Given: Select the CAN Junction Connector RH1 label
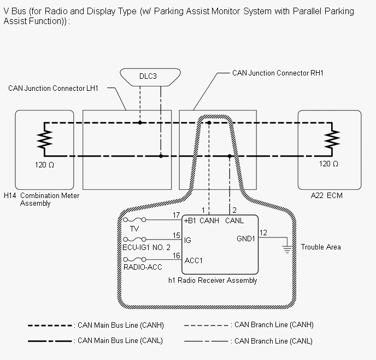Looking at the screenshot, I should point(278,73).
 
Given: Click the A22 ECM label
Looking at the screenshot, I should point(326,195).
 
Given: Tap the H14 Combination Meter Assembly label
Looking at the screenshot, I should point(42,199).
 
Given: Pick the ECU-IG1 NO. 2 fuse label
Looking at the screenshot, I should point(146,247).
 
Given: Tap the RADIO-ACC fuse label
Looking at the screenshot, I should point(144,267).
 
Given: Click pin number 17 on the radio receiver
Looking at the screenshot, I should point(176,215).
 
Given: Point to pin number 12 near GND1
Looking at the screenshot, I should point(263,233).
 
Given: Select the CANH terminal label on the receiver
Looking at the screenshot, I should point(210,220).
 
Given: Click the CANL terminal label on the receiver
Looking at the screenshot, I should point(234,220).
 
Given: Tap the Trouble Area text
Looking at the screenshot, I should point(320,247).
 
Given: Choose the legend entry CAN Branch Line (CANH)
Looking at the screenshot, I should point(272,324).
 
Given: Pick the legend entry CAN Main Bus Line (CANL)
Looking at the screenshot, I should point(121,341).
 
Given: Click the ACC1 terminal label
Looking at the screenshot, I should point(193,260).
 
